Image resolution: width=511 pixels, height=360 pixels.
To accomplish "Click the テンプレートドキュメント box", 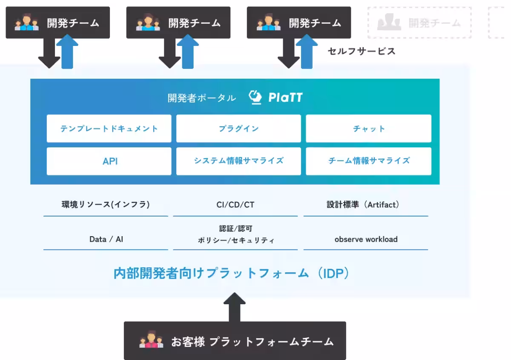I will point(109,129).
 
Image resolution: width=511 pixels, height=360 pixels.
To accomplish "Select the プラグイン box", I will point(238,129).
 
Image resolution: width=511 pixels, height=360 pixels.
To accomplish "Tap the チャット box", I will point(368,129).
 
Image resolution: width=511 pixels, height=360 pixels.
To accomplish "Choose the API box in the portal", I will point(109,161).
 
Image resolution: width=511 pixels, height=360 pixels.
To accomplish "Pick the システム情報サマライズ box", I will point(238,161).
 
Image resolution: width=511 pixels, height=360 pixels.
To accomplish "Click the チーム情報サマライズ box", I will point(368,161).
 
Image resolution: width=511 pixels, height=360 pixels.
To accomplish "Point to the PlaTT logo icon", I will point(255,97).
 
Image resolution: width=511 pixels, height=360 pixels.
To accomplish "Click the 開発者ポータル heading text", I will point(201,98).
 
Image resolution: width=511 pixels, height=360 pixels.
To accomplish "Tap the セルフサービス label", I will point(362,51).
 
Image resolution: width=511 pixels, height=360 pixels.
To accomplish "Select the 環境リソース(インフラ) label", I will point(106,205).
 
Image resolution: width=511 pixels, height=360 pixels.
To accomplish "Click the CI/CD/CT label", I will point(235,205).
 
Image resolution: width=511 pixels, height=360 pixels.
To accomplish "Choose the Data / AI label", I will point(106,239).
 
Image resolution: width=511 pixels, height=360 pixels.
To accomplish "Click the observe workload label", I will point(366,239).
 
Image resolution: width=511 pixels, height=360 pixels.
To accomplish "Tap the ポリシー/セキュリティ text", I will point(235,240).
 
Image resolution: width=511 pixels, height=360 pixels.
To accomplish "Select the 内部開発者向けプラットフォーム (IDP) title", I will point(231,273).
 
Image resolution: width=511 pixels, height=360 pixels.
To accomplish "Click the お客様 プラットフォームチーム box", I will point(235,341).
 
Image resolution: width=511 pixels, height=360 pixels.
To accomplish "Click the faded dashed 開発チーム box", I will point(419,23).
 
